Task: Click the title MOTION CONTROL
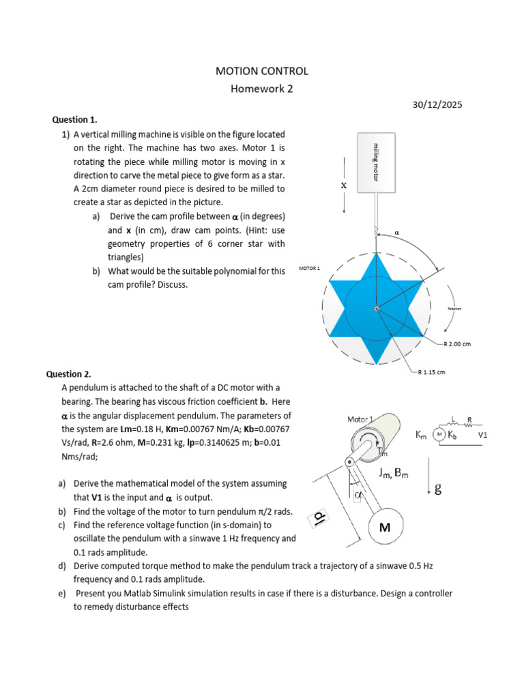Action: pyautogui.click(x=262, y=71)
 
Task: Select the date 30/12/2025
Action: pyautogui.click(x=437, y=105)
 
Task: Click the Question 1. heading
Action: pyautogui.click(x=70, y=119)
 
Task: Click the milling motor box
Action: pyautogui.click(x=375, y=162)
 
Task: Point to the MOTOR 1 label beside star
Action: pyautogui.click(x=309, y=269)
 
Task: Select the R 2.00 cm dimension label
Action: pyautogui.click(x=456, y=344)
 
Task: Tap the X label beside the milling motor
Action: pyautogui.click(x=344, y=185)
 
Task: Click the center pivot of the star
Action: pyautogui.click(x=375, y=309)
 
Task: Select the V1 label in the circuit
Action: pyautogui.click(x=482, y=434)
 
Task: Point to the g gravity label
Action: pyautogui.click(x=438, y=488)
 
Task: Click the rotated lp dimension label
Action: pyautogui.click(x=319, y=519)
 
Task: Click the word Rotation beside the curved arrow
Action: pyautogui.click(x=454, y=309)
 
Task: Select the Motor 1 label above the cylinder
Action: pyautogui.click(x=361, y=419)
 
